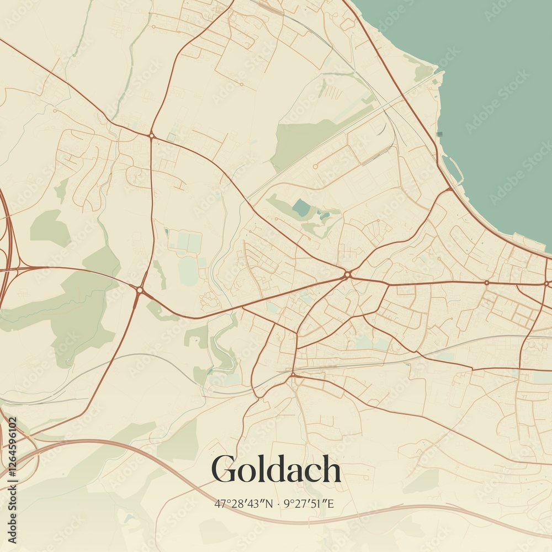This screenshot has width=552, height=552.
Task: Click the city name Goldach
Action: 276,470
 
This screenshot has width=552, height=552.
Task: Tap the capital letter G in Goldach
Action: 224,470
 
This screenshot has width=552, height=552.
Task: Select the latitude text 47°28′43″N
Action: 243,503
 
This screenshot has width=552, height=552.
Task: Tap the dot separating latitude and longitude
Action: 279,504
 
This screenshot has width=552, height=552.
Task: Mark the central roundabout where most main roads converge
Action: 347,274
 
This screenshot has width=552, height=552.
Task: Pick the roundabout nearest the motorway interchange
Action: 140,289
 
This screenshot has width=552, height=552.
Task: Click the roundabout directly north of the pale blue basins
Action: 151,135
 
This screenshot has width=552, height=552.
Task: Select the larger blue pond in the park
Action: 301,208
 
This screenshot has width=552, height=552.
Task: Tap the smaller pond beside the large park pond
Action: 323,215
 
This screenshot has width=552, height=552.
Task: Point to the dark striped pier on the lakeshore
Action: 439,134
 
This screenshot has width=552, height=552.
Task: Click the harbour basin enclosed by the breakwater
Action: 452,169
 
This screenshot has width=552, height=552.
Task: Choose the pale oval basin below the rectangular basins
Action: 188,271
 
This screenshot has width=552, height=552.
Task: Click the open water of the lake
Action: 486,83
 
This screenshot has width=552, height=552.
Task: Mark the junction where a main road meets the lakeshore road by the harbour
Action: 450,189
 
